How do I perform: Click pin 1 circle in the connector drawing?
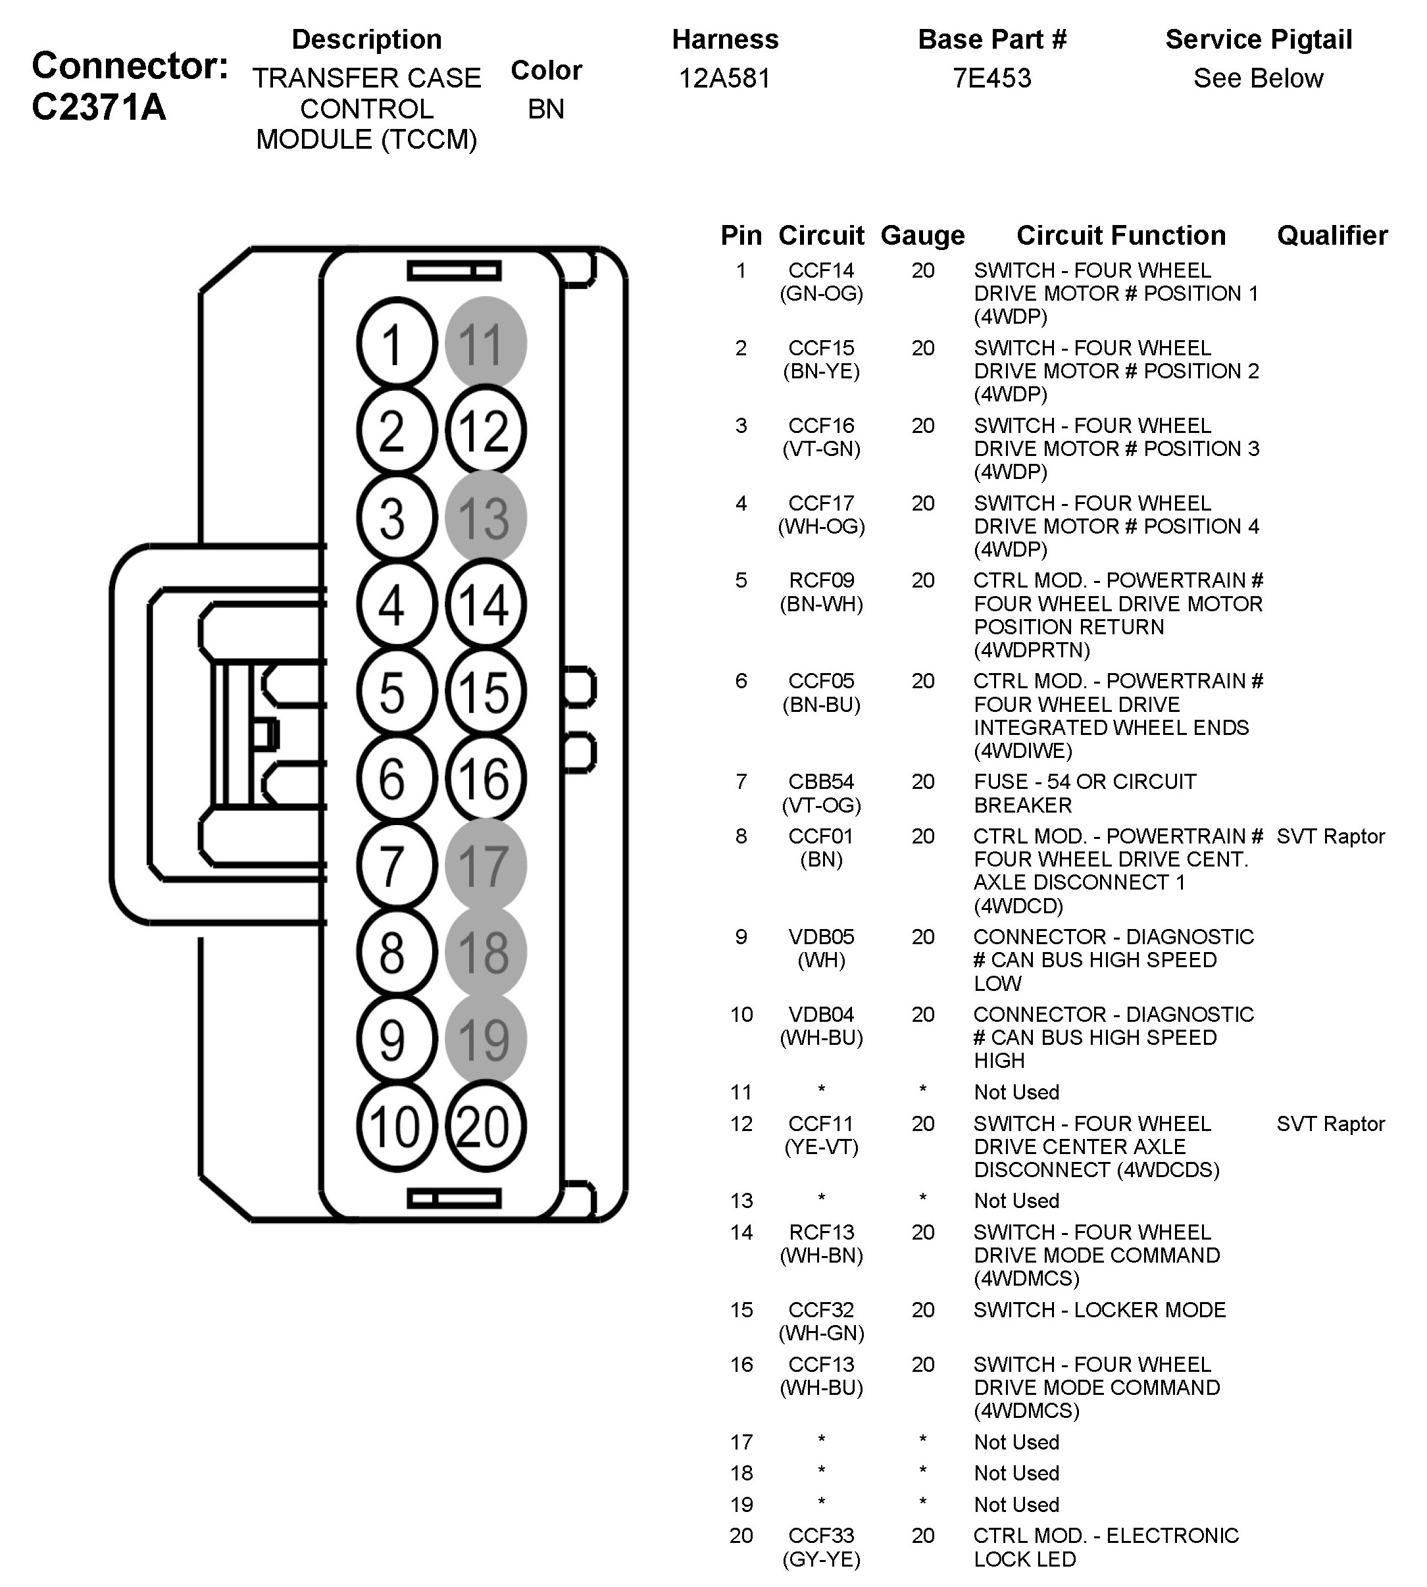[396, 343]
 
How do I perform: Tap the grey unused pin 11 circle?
[486, 343]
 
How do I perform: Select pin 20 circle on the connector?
[486, 1126]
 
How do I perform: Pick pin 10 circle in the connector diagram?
[396, 1126]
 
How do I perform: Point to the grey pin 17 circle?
[486, 866]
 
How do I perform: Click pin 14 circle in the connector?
[486, 605]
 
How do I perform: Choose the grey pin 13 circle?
[486, 518]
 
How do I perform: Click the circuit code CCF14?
[821, 270]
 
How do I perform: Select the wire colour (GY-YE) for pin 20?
[821, 1559]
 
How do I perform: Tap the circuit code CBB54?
[821, 782]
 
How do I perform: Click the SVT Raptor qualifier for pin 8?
[1330, 837]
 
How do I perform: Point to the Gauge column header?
[923, 236]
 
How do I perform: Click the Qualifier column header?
[1332, 236]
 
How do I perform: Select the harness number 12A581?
[725, 78]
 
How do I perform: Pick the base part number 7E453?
[992, 78]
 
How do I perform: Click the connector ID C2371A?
[99, 107]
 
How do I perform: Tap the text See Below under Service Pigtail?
[1259, 78]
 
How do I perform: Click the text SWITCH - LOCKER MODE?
[1099, 1310]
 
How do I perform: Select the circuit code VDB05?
[821, 937]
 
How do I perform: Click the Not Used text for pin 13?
[1016, 1200]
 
